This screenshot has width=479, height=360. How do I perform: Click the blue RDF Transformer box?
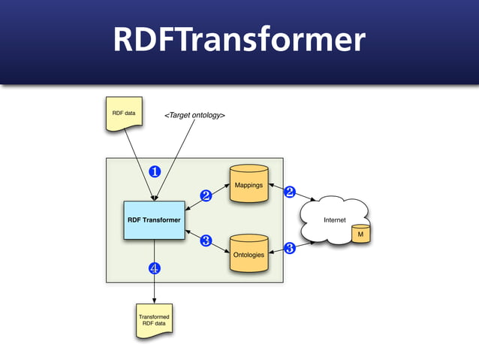[x=154, y=219]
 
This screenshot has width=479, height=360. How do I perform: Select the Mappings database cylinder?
[x=249, y=184]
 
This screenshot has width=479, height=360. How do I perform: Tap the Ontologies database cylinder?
[x=249, y=253]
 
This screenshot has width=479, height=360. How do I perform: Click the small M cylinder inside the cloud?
[x=361, y=234]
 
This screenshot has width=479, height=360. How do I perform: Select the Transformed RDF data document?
[x=154, y=320]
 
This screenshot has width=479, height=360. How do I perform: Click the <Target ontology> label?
[x=194, y=116]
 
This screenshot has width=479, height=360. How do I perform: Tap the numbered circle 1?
[x=154, y=171]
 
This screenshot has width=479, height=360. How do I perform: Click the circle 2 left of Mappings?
[x=206, y=196]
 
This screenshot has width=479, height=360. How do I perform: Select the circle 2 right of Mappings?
[x=289, y=192]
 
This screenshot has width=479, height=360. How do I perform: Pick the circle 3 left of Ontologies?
[x=206, y=241]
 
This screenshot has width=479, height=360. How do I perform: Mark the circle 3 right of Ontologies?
[x=289, y=247]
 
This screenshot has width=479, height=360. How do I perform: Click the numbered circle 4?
[x=154, y=268]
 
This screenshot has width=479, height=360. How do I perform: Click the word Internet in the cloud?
[x=334, y=220]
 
